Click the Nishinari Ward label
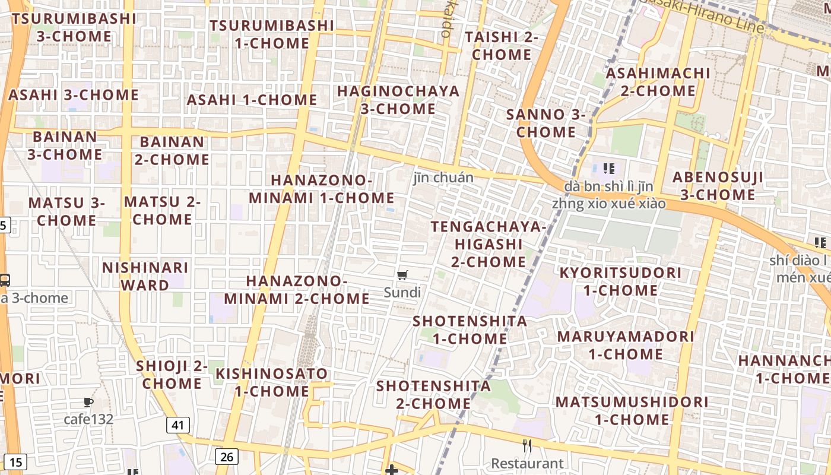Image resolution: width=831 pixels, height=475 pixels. [x=145, y=276]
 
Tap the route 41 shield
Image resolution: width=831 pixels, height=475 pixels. [x=178, y=425]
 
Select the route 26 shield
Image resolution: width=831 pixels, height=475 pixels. [x=226, y=456]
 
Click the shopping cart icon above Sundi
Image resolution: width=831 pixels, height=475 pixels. [x=402, y=274]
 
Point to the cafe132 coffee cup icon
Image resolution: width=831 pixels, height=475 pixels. [x=88, y=402]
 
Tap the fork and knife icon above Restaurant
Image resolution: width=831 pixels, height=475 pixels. [x=526, y=445]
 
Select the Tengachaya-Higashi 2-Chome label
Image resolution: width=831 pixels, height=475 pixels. [x=488, y=244]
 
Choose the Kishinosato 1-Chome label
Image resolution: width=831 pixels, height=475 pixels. [x=271, y=382]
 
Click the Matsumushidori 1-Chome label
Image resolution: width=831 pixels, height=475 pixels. [x=632, y=410]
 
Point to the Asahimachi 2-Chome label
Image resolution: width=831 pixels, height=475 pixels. [x=658, y=82]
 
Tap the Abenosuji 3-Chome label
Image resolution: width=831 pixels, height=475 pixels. [x=718, y=186]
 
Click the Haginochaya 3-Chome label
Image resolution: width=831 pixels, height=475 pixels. [x=398, y=100]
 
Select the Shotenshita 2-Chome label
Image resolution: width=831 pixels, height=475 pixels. [x=434, y=394]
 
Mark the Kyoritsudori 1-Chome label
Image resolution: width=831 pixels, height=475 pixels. [x=620, y=281]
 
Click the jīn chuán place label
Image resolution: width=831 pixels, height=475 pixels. [x=443, y=177]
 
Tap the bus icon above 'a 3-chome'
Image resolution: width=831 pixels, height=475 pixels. [x=5, y=279]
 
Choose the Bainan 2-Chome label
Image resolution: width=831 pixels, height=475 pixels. [x=172, y=151]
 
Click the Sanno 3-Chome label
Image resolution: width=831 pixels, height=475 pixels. [x=545, y=123]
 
